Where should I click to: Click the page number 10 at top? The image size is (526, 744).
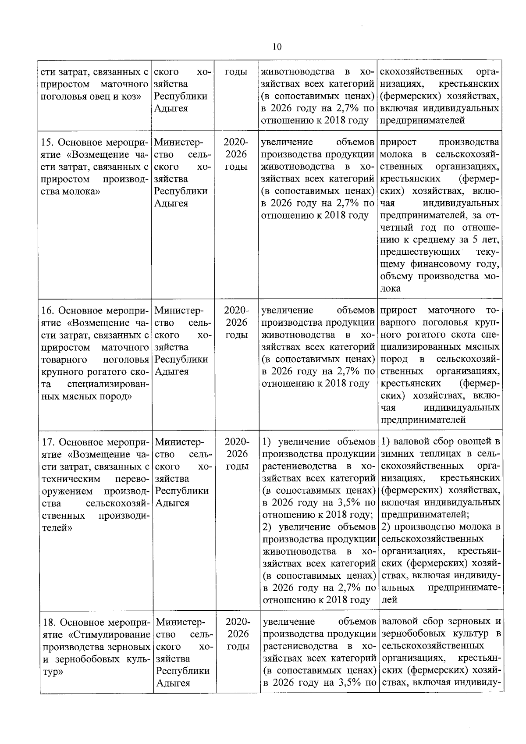pos(277,47)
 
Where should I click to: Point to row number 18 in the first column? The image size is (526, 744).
pos(49,623)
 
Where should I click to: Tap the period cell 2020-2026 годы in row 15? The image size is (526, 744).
pos(236,154)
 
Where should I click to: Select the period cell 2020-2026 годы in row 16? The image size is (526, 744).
pos(236,323)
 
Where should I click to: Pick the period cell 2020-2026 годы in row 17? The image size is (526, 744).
pos(237,454)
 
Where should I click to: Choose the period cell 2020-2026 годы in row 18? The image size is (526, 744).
pos(238,634)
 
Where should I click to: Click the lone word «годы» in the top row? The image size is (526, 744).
pos(236,72)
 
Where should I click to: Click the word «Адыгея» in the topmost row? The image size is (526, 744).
pos(171,108)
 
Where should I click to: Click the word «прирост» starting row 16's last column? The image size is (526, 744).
pos(399,310)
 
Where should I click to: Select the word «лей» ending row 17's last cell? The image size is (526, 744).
pos(389,599)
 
